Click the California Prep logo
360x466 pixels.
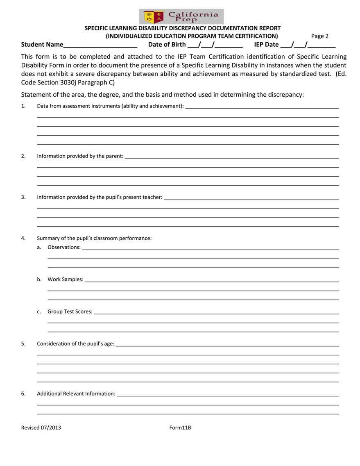click(x=181, y=16)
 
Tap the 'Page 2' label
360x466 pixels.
click(x=320, y=36)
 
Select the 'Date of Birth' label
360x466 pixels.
click(x=167, y=45)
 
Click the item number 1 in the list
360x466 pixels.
click(x=23, y=106)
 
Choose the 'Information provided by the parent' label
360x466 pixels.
click(x=80, y=156)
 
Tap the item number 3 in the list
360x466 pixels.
click(x=23, y=197)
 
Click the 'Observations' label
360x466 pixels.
click(x=64, y=248)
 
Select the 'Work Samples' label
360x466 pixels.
click(x=66, y=280)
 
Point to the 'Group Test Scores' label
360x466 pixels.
click(x=70, y=311)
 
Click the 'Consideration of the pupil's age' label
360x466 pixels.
click(x=76, y=344)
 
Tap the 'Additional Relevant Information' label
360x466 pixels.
click(x=76, y=394)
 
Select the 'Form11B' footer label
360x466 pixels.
click(x=180, y=428)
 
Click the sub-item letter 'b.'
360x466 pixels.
click(x=39, y=280)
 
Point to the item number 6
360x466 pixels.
click(x=23, y=394)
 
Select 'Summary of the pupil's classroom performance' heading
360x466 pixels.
click(x=94, y=238)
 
